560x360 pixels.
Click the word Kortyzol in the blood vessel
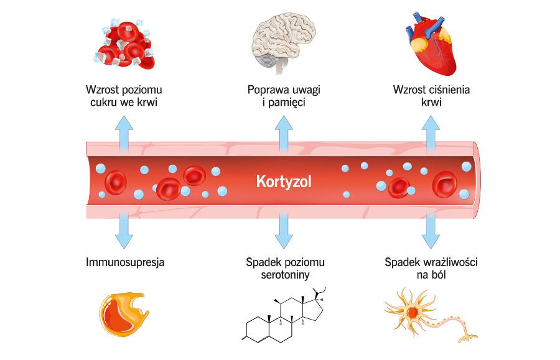coord(284,182)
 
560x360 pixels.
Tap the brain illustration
coord(285,39)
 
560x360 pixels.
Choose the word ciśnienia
coord(447,90)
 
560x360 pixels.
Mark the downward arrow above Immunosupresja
coord(123,230)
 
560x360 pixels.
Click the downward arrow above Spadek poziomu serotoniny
coord(284,230)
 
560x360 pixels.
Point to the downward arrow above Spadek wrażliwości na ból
coord(430,230)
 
